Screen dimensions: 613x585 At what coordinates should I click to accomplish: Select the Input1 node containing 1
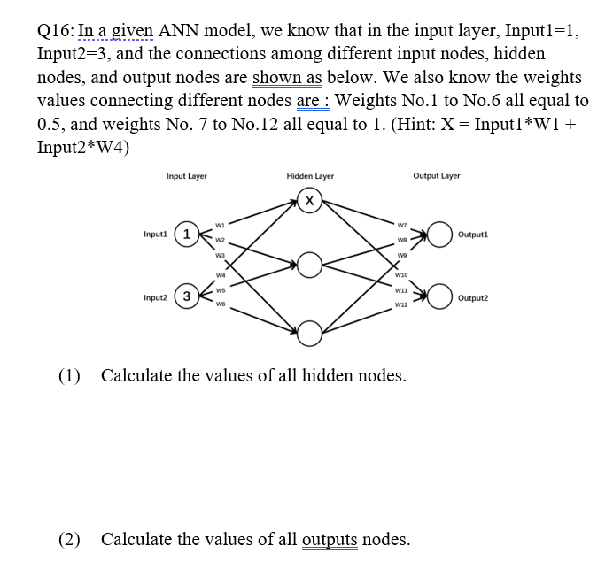point(186,235)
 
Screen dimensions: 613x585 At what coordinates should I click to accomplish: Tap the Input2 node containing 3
point(186,296)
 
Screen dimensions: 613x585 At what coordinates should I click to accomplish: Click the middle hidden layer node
point(308,264)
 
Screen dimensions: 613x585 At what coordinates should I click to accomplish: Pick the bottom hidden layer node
point(308,331)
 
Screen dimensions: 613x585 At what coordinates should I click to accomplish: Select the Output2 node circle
point(441,296)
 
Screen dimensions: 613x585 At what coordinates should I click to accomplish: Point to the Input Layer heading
point(187,176)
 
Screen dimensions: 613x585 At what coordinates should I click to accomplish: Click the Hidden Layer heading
point(310,176)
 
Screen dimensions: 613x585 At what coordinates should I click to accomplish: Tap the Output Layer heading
point(437,176)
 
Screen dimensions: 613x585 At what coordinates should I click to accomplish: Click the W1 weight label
point(221,224)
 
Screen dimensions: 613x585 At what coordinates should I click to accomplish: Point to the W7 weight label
point(404,223)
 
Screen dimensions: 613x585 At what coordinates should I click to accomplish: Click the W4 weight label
point(221,273)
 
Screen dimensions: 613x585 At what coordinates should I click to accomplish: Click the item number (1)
point(69,375)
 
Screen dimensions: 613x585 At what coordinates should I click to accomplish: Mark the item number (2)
point(69,539)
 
